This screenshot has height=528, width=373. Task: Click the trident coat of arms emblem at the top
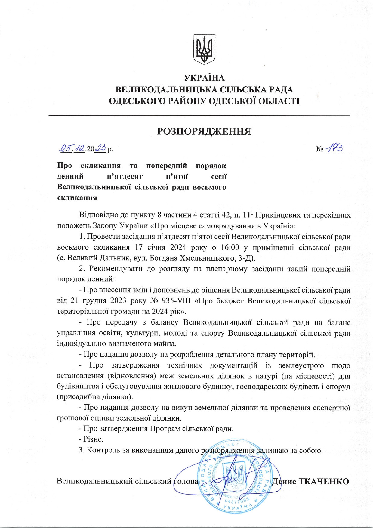pyautogui.click(x=204, y=49)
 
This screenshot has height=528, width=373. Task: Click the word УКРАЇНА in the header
pyautogui.click(x=204, y=78)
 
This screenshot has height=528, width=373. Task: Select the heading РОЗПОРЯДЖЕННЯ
pyautogui.click(x=204, y=131)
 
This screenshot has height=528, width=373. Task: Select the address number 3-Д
pyautogui.click(x=246, y=258)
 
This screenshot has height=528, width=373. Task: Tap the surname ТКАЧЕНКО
pyautogui.click(x=323, y=481)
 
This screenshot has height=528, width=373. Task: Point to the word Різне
pyautogui.click(x=93, y=439)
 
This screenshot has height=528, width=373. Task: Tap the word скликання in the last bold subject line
pyautogui.click(x=77, y=198)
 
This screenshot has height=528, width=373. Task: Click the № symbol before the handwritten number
pyautogui.click(x=319, y=149)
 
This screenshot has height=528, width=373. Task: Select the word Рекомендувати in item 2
pyautogui.click(x=116, y=269)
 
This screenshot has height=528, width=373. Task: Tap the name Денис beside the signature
pyautogui.click(x=284, y=481)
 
